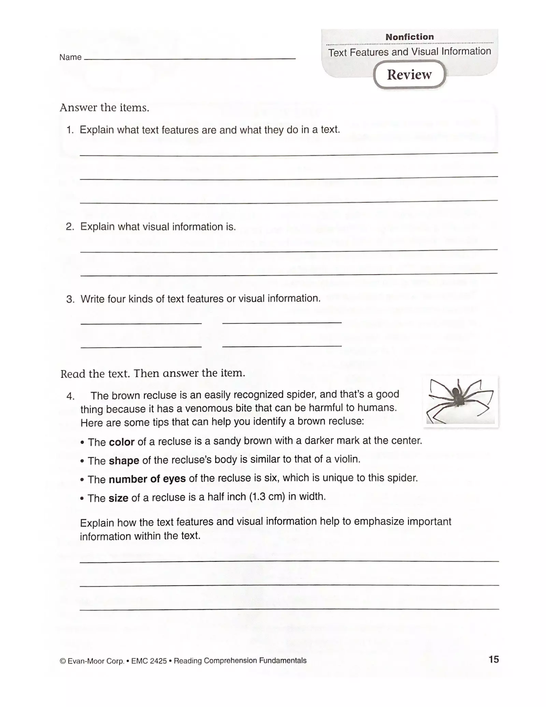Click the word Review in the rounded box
click(409, 74)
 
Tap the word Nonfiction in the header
click(409, 37)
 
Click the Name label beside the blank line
click(70, 57)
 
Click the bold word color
click(121, 442)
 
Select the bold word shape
click(124, 461)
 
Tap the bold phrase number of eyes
click(147, 479)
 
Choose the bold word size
click(118, 498)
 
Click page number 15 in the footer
click(493, 659)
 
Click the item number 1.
click(70, 130)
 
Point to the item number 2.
click(70, 227)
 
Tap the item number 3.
click(70, 299)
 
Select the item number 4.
click(70, 396)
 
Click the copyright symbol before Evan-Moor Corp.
click(62, 661)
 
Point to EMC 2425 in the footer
click(149, 661)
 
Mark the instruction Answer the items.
click(104, 108)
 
